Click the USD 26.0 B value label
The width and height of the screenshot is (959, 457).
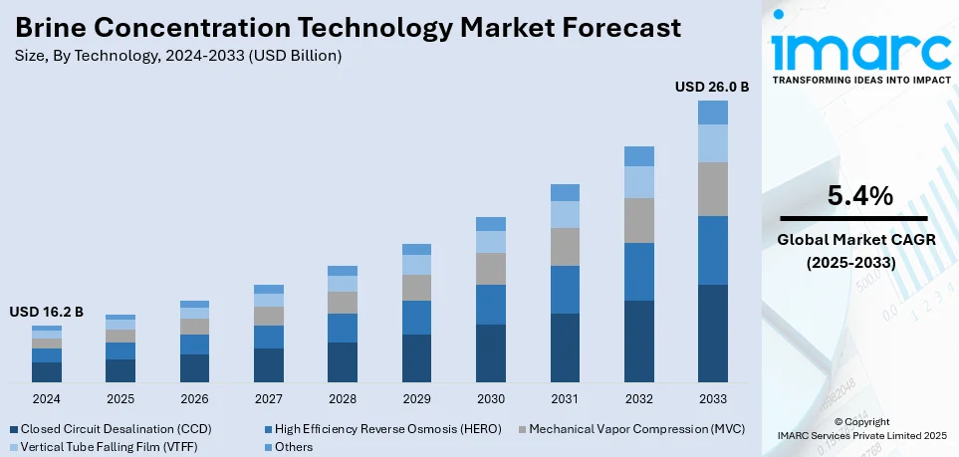(711, 88)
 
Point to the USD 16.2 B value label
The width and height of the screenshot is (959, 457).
(47, 312)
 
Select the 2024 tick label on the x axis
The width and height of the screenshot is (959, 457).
(47, 398)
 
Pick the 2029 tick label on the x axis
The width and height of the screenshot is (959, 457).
(416, 398)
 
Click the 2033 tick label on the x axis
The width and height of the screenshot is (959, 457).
(712, 398)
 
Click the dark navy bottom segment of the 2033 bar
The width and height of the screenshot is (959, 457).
(712, 333)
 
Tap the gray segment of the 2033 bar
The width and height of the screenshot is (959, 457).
(712, 189)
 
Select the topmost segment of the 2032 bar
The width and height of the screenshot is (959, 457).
(638, 156)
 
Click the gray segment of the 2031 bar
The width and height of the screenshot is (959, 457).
(565, 247)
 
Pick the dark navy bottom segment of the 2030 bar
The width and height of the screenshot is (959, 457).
(491, 352)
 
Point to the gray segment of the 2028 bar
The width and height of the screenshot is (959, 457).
(343, 303)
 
